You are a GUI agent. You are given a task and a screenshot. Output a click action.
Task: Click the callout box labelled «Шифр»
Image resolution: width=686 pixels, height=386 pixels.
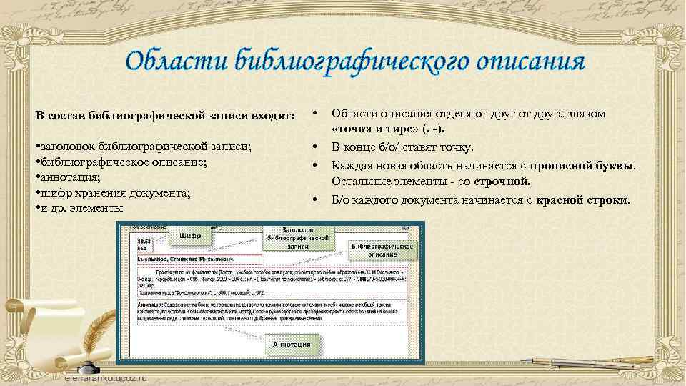[x=190, y=236]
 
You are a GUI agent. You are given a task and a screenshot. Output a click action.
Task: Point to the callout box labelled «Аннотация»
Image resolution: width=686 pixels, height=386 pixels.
[x=292, y=345]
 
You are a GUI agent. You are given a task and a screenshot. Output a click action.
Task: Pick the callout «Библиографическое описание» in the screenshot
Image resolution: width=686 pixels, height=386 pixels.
[x=383, y=249]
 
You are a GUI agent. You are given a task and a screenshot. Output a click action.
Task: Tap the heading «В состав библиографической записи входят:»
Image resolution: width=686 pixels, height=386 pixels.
[x=165, y=116]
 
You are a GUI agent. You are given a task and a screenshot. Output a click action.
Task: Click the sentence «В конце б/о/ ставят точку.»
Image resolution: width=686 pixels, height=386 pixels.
[x=401, y=147]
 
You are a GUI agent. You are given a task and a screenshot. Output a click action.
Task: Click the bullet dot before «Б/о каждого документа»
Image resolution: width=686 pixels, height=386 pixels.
[x=314, y=200]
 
